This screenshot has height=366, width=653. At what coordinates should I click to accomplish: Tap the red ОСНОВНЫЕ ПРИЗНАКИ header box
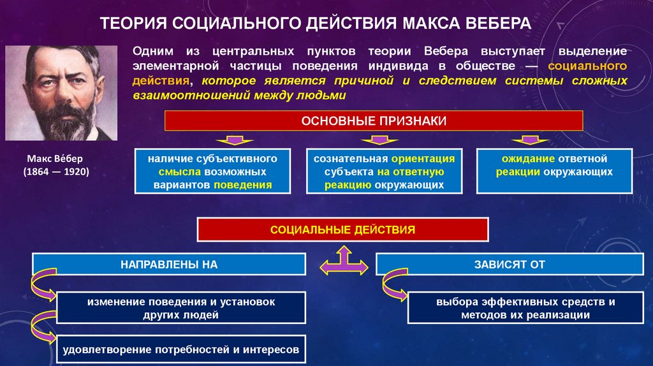(374, 121)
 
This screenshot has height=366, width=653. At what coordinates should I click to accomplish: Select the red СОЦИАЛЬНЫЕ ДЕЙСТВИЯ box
(342, 229)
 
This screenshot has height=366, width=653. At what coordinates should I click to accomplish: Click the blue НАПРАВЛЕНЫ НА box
(168, 264)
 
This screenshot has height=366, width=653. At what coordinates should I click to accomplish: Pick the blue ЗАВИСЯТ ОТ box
(510, 264)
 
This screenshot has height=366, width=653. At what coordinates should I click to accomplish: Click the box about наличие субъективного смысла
(212, 172)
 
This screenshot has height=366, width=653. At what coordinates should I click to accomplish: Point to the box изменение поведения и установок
(181, 308)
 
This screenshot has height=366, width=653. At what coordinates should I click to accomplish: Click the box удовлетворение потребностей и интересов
(181, 349)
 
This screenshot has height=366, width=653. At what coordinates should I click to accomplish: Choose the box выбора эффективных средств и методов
(526, 308)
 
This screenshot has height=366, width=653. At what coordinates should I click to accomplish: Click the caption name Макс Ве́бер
(56, 159)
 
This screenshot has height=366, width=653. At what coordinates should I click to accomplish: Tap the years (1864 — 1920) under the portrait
(56, 172)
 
